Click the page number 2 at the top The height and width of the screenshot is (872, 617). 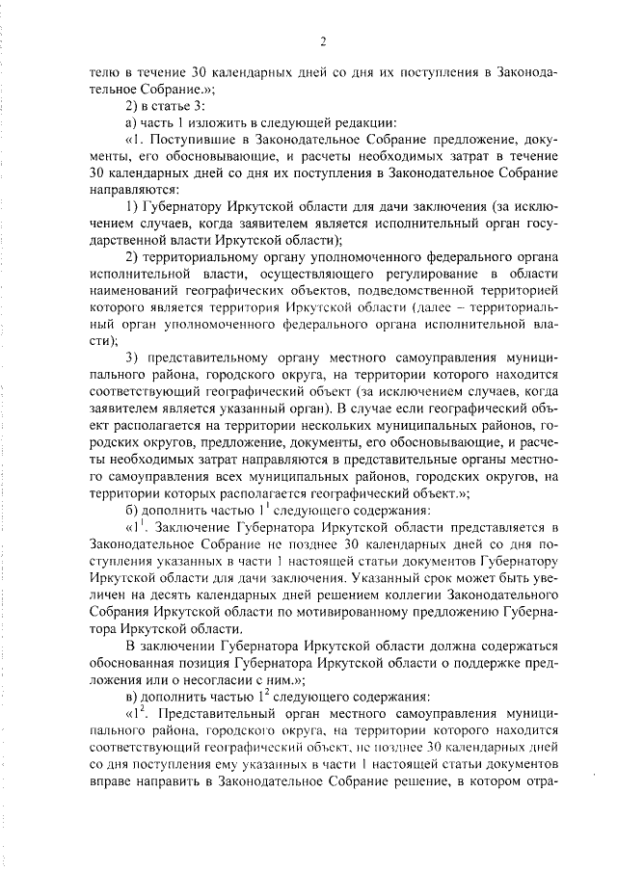(x=325, y=40)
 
